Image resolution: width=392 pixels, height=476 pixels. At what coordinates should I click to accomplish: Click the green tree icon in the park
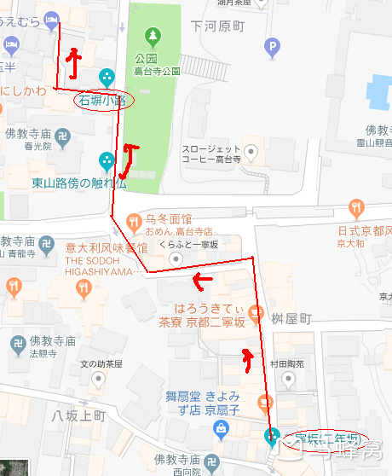[153, 36]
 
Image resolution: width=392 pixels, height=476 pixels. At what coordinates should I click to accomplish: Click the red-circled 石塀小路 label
[101, 100]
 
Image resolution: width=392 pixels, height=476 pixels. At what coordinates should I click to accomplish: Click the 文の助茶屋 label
[101, 363]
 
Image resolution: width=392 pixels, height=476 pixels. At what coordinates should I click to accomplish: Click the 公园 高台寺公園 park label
[153, 66]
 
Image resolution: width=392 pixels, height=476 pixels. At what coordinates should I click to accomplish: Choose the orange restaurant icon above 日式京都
[356, 207]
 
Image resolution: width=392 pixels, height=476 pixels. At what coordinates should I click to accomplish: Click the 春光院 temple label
[37, 146]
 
